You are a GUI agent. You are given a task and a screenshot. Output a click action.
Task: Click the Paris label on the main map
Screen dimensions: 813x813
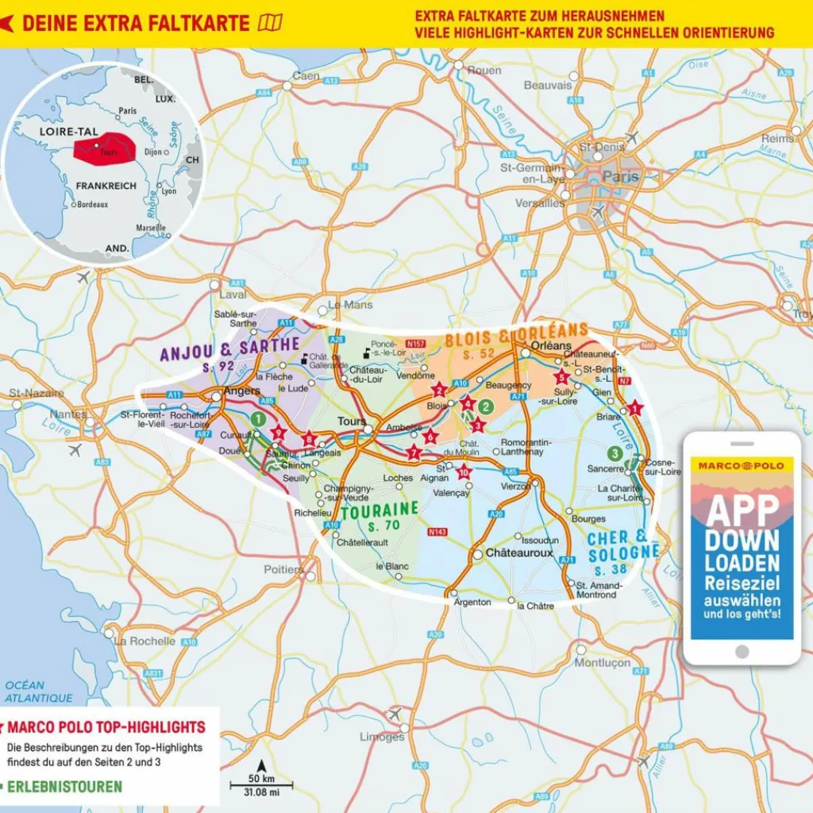tap(620, 177)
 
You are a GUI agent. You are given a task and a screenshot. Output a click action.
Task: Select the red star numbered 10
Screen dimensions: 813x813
tap(464, 473)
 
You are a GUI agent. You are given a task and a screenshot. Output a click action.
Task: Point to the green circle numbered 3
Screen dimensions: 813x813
tap(614, 453)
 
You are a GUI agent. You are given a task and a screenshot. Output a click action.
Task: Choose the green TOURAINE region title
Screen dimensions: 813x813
tap(379, 508)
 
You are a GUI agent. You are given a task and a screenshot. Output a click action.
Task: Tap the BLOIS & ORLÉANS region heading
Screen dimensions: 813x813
tap(516, 333)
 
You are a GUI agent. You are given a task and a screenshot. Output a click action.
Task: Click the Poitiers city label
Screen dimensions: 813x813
tap(283, 569)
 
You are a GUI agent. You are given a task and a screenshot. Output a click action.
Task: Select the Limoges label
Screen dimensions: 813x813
tap(382, 737)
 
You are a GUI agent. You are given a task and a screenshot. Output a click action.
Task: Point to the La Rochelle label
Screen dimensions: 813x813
tap(144, 641)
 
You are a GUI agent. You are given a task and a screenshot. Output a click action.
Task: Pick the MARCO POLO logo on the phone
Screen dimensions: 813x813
tap(741, 465)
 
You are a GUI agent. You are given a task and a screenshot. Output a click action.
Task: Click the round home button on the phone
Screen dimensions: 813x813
tap(742, 651)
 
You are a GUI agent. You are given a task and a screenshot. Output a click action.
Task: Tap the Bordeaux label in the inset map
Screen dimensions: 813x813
tap(93, 204)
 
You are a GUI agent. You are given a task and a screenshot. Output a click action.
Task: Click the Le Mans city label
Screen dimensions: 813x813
tap(345, 304)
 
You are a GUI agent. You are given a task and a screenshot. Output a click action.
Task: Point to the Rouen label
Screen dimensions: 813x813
tap(484, 70)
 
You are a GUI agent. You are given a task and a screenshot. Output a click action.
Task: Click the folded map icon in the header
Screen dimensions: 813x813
tap(270, 23)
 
